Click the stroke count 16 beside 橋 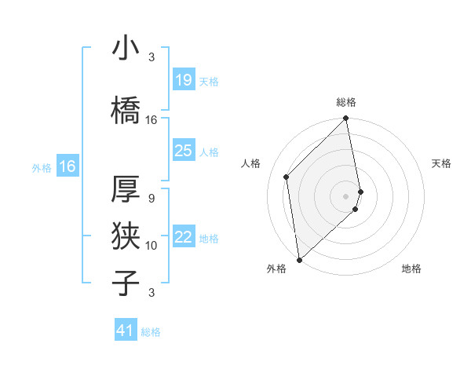(x=152, y=120)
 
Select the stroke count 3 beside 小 (x=152, y=57)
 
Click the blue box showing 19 (x=183, y=79)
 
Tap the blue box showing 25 (x=183, y=151)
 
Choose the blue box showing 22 (x=183, y=237)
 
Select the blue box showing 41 (x=126, y=331)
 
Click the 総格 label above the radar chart (x=346, y=102)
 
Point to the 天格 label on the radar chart (x=441, y=163)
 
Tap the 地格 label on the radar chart (x=411, y=269)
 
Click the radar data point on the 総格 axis (x=346, y=119)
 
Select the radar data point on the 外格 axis (x=299, y=259)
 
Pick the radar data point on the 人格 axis (x=287, y=177)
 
